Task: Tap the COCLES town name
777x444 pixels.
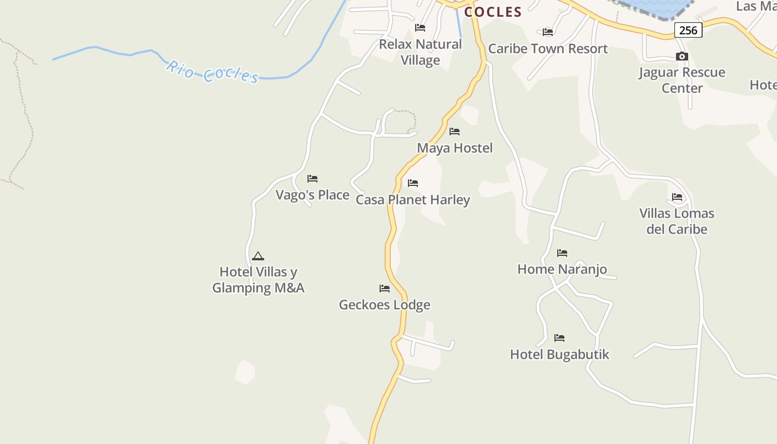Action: tap(493, 12)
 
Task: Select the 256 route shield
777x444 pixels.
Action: tap(688, 30)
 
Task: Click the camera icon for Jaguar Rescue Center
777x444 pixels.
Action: tap(682, 56)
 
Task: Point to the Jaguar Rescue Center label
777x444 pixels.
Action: tap(682, 80)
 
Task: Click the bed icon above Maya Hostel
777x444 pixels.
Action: tap(455, 132)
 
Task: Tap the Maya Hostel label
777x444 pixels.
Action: tap(455, 148)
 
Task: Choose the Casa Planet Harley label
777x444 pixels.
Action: tap(412, 200)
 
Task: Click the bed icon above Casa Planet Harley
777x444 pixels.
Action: tap(413, 183)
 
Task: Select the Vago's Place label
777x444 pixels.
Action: tap(312, 195)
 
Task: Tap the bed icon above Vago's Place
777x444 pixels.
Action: tap(312, 179)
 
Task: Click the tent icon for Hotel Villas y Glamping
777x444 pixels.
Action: tap(258, 256)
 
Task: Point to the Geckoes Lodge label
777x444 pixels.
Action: tap(385, 305)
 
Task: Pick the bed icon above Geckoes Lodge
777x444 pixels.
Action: tap(385, 289)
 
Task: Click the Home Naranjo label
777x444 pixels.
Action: tap(562, 269)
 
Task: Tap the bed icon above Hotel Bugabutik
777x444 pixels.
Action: tap(559, 338)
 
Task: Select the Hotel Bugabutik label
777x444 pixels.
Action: tap(559, 354)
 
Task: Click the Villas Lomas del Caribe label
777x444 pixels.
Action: tap(677, 221)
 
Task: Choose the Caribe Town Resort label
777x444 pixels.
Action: tap(548, 49)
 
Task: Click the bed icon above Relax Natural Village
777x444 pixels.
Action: tap(420, 28)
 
